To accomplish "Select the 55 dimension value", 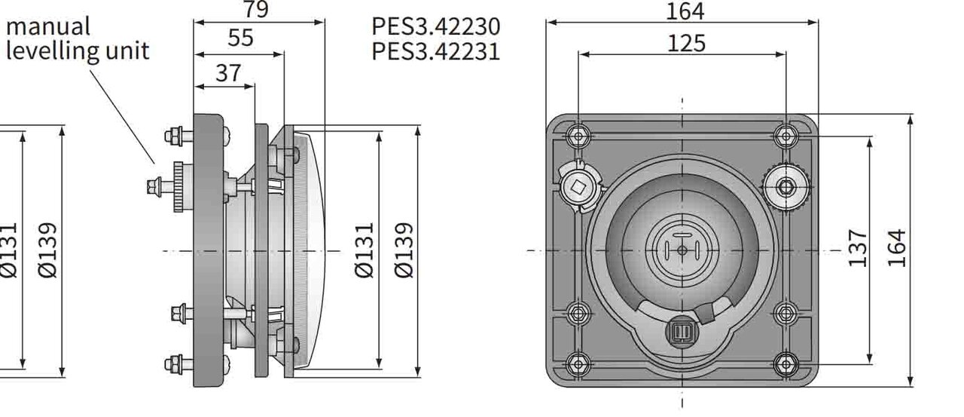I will [x=240, y=38].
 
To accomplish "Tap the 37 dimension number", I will [x=228, y=72].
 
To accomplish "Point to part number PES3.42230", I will [x=435, y=26].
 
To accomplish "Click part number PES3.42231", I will [x=435, y=51].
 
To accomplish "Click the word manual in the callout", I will [x=48, y=26].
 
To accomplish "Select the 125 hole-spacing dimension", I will [x=686, y=43].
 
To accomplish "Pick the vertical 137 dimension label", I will [x=858, y=248].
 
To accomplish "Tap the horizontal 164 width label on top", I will [x=685, y=11].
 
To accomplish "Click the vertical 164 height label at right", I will [x=896, y=248].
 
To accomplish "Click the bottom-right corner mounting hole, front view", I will [x=786, y=365].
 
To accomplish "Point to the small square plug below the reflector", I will [x=682, y=333].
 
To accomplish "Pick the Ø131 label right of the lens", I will [x=364, y=250].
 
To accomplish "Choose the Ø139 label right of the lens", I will [x=404, y=250].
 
